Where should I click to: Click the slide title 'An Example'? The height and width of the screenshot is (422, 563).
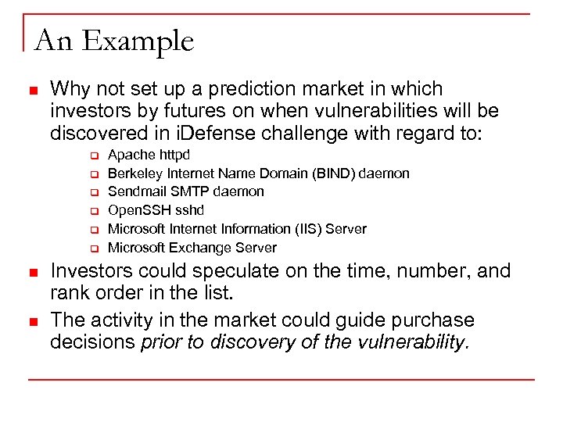click(x=114, y=41)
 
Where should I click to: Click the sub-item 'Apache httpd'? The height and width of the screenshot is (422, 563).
click(x=149, y=155)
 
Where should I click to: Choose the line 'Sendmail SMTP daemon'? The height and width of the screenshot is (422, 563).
click(x=185, y=191)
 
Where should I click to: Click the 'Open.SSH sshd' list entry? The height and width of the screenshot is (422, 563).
click(x=156, y=210)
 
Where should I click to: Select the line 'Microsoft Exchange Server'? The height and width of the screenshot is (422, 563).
click(x=192, y=248)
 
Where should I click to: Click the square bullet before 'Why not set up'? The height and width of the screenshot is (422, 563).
click(x=32, y=90)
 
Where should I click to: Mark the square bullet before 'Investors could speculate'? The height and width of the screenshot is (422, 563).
click(x=32, y=273)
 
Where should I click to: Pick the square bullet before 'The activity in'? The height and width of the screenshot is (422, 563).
click(x=32, y=321)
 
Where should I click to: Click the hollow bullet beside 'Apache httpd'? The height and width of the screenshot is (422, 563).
click(x=91, y=156)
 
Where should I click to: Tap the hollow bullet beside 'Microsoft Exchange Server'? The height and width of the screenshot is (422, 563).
click(x=91, y=249)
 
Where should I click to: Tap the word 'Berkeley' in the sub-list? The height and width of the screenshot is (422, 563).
click(x=134, y=173)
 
